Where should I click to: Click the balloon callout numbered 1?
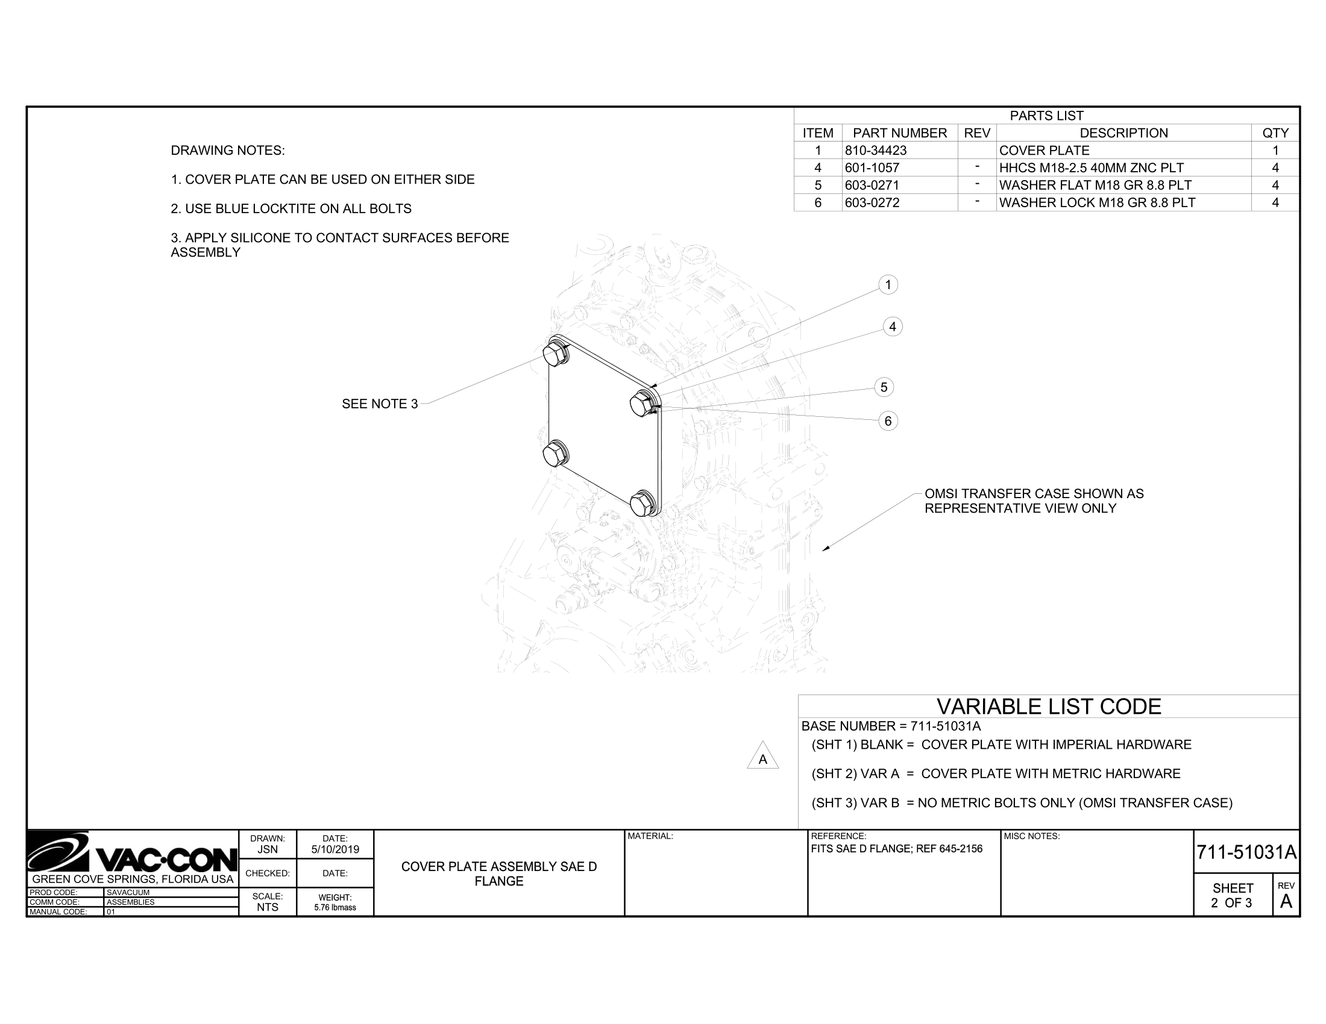[x=888, y=284]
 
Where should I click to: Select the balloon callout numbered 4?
[x=892, y=327]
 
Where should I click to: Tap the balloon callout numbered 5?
[x=884, y=387]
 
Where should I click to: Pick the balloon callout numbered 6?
[x=888, y=421]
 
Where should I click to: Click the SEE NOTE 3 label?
[x=380, y=404]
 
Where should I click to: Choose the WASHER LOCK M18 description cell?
[x=1096, y=202]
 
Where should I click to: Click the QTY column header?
[x=1274, y=133]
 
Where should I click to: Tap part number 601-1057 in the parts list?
[x=872, y=168]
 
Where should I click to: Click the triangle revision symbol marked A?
[x=762, y=758]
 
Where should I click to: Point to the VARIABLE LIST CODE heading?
[x=1049, y=707]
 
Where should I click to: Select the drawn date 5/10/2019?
[x=335, y=849]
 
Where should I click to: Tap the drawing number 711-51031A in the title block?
[x=1246, y=852]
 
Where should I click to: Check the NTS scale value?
[x=267, y=907]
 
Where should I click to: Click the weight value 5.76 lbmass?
[x=335, y=908]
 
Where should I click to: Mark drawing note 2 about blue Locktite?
[x=291, y=208]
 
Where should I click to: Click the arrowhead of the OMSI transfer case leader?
[x=825, y=549]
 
